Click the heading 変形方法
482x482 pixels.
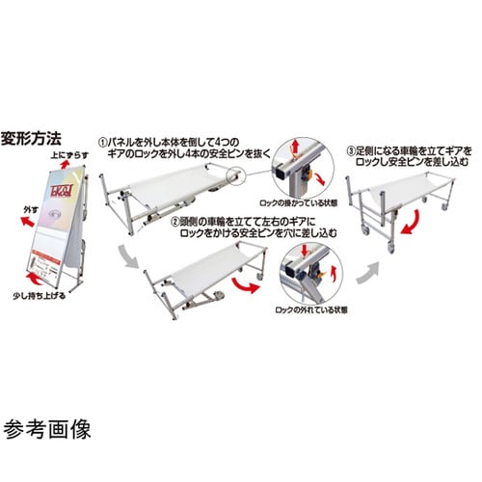point(31,135)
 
